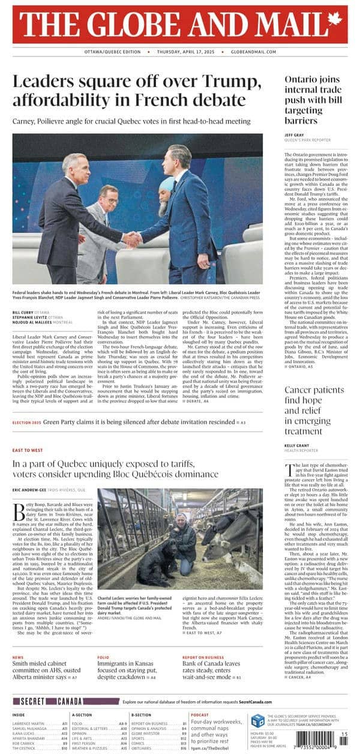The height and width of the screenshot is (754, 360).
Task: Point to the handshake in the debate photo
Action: [132, 240]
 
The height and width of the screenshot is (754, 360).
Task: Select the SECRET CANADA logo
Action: [66, 701]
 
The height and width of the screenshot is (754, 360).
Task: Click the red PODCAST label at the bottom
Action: [200, 715]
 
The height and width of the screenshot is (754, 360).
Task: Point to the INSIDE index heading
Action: [19, 715]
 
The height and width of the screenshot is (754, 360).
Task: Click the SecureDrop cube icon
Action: [257, 721]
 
